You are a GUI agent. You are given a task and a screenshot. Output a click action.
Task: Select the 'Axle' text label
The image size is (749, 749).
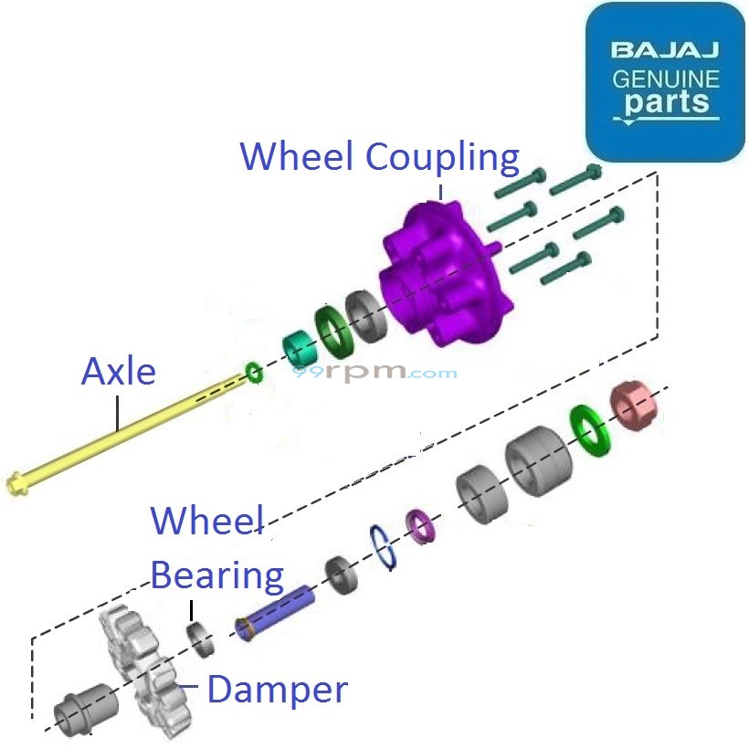119,372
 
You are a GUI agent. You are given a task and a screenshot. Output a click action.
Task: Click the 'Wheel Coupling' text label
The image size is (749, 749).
379,157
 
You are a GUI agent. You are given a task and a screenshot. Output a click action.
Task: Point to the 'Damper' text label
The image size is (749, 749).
277,690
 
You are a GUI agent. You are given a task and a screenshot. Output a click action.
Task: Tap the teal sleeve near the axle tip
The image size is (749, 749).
296,345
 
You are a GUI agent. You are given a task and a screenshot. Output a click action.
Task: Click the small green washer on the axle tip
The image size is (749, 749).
253,372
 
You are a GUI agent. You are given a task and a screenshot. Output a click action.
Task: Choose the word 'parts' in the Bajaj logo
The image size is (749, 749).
667,103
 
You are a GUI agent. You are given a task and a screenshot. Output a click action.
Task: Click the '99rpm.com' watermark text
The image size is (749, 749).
374,373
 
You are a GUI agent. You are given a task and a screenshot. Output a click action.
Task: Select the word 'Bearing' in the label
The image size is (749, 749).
217,576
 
